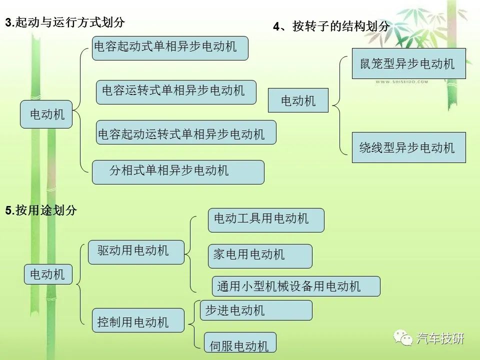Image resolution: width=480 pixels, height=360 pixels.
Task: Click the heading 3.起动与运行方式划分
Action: coord(65,22)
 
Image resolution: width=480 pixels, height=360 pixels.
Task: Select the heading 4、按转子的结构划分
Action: coord(331,26)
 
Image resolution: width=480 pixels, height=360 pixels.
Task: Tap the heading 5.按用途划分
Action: coord(40,210)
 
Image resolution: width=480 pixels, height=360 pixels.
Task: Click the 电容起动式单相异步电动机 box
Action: coord(170,48)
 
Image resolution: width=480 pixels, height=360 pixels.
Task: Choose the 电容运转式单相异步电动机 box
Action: coord(176,92)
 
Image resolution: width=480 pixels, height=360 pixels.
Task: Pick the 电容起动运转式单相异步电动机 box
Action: coord(186,132)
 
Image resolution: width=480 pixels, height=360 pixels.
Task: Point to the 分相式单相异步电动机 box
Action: coord(178,172)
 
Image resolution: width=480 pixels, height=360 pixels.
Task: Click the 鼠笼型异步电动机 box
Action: coord(408,63)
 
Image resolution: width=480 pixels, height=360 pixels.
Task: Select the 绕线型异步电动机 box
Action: coord(408,147)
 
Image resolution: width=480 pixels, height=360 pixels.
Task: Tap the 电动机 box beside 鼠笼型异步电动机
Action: coord(298,100)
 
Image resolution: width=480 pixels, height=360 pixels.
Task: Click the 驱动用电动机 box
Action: coord(136,252)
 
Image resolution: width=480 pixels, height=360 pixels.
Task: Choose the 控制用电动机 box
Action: coord(138,320)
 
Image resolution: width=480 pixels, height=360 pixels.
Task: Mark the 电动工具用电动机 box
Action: coord(266,220)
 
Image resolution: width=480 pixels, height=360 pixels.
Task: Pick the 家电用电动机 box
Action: coord(260,256)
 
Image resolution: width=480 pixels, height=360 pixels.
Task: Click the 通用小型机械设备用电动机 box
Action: coord(296,286)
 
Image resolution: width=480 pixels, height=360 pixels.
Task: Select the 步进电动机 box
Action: coord(256,310)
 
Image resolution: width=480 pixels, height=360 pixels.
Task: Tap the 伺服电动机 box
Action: coord(240,342)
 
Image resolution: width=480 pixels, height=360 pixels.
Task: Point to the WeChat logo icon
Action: coord(403,338)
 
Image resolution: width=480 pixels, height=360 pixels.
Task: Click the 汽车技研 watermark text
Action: coord(440,338)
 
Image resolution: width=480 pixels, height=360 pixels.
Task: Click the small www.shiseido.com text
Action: coord(401,81)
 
